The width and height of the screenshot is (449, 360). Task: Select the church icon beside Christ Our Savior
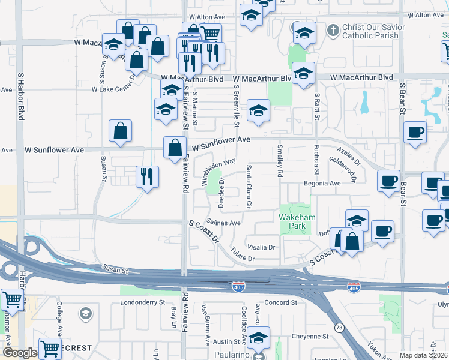pyautogui.click(x=333, y=29)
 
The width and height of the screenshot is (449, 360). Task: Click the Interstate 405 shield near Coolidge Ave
pyautogui.click(x=238, y=287)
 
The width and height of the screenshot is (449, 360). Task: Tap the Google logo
pyautogui.click(x=19, y=353)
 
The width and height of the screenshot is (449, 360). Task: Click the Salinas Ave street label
pyautogui.click(x=223, y=223)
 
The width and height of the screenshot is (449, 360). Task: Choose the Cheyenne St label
pyautogui.click(x=310, y=337)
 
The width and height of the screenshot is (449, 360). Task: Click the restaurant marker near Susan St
pyautogui.click(x=147, y=176)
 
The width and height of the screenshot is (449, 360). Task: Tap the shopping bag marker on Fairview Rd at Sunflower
pyautogui.click(x=175, y=147)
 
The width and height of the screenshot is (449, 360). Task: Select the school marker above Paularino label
pyautogui.click(x=259, y=337)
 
